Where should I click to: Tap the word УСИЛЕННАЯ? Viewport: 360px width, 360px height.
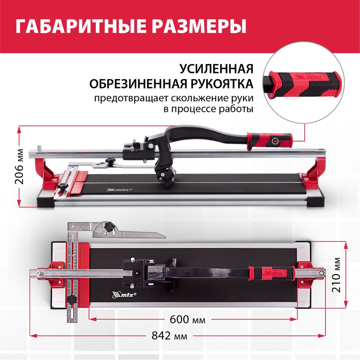(216, 68)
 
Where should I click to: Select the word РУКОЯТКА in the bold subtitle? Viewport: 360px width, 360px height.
(221, 84)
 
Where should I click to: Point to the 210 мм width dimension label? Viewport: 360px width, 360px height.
(336, 275)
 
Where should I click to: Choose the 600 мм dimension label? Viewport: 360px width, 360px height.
(188, 319)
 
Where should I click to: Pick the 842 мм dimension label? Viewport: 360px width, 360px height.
(170, 336)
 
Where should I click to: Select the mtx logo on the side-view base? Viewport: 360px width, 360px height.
(120, 190)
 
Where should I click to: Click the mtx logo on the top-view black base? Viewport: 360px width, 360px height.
(124, 295)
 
